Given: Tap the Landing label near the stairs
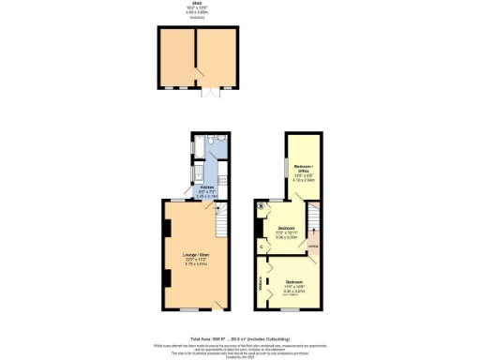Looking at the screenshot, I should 313,247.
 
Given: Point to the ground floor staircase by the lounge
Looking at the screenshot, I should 222,224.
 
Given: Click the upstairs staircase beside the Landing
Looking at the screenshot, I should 314,217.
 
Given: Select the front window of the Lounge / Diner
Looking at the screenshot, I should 190,309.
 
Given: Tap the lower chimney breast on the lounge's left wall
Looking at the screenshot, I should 166,278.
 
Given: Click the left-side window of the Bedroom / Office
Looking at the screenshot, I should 287,169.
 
